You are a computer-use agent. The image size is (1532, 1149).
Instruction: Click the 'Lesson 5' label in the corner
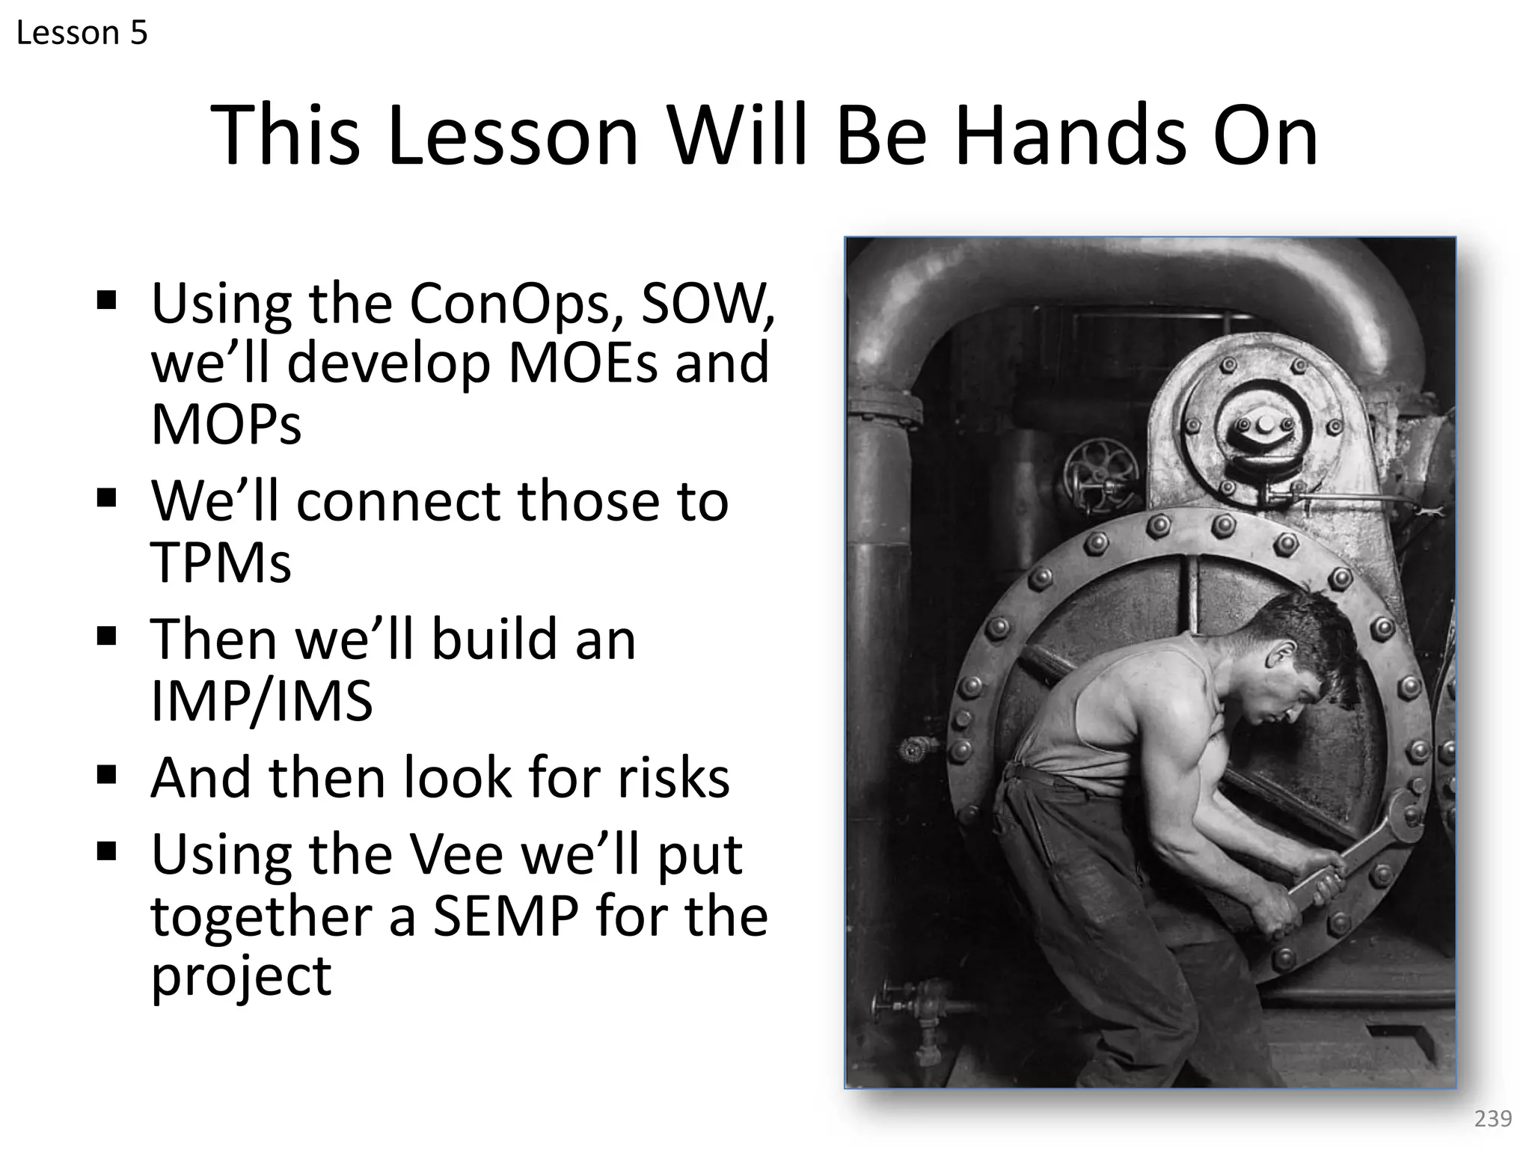click(82, 34)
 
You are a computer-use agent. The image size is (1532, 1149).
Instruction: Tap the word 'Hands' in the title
click(1070, 136)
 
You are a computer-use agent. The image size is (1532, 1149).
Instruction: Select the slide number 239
click(1492, 1119)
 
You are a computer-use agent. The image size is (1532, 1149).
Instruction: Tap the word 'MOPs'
click(226, 424)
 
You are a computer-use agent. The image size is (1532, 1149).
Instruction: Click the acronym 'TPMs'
click(221, 562)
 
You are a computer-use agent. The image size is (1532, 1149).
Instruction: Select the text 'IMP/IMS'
click(261, 701)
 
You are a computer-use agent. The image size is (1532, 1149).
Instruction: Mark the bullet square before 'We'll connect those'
click(107, 497)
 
